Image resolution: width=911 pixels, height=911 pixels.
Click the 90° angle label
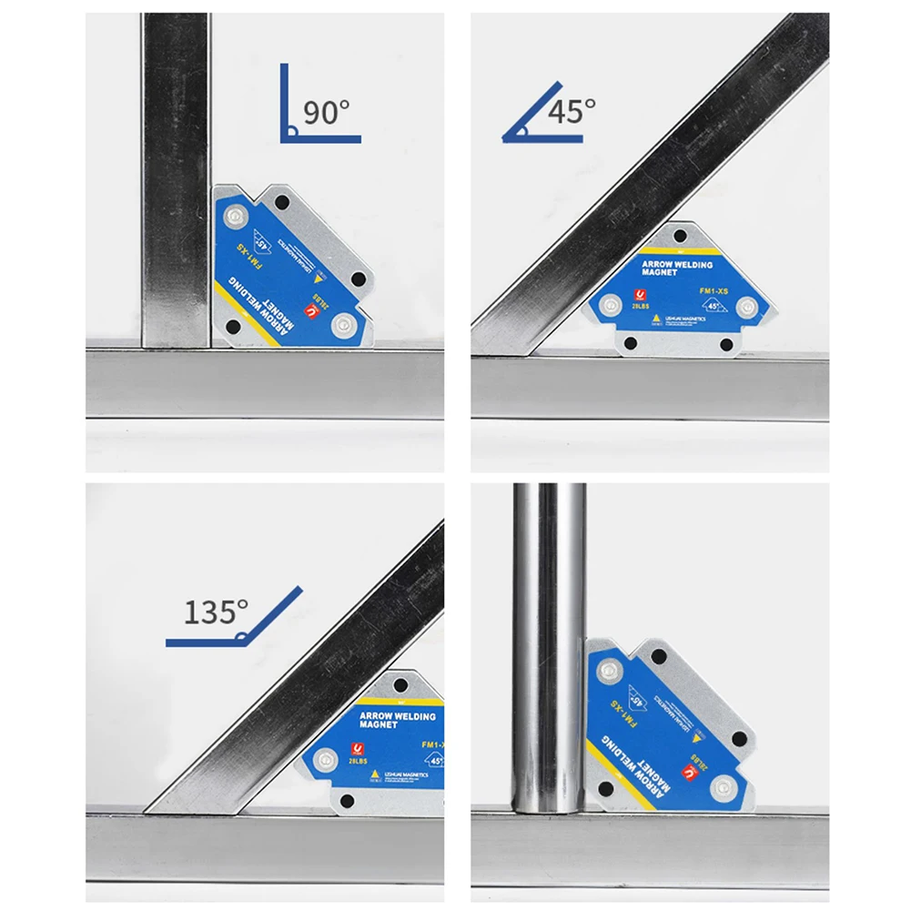click(x=326, y=113)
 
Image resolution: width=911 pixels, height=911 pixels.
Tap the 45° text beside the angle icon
click(x=572, y=111)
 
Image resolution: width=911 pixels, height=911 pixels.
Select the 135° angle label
click(x=216, y=612)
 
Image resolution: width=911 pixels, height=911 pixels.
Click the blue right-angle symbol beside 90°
click(x=300, y=118)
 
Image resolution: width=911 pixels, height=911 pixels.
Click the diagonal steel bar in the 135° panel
click(x=300, y=673)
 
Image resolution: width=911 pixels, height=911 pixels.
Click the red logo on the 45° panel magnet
click(x=640, y=296)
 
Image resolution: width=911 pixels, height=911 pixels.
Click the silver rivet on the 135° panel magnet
click(x=324, y=757)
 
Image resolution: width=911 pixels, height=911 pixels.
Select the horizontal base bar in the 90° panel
click(x=264, y=382)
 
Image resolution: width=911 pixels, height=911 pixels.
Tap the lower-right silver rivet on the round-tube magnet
click(x=724, y=784)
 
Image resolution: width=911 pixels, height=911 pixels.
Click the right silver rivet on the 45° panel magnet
click(x=746, y=306)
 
